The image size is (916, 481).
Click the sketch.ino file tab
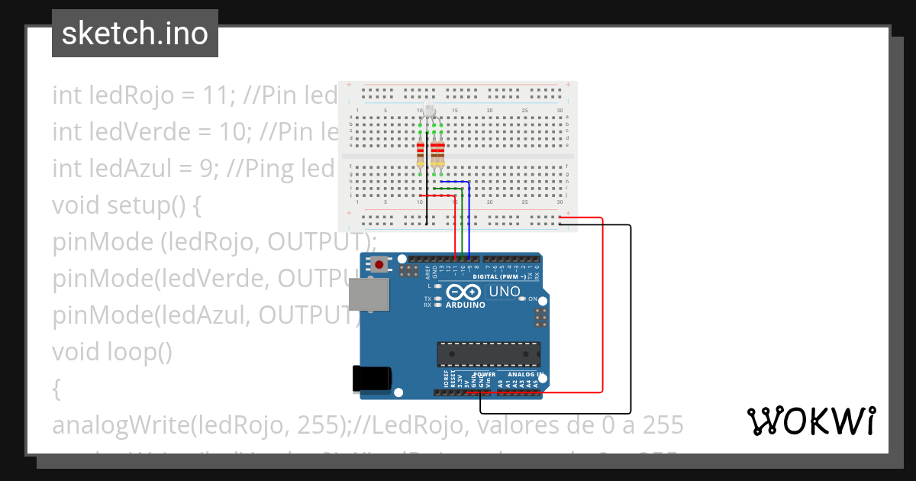tap(134, 34)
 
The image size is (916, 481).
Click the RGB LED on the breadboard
tap(430, 112)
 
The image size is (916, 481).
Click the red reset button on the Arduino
tap(379, 265)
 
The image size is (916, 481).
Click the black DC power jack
tap(372, 379)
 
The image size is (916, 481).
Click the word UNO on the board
tap(504, 292)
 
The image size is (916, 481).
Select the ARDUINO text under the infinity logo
tap(466, 305)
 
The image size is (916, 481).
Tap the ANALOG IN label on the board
tap(521, 375)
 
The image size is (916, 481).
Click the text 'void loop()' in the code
tap(113, 352)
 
